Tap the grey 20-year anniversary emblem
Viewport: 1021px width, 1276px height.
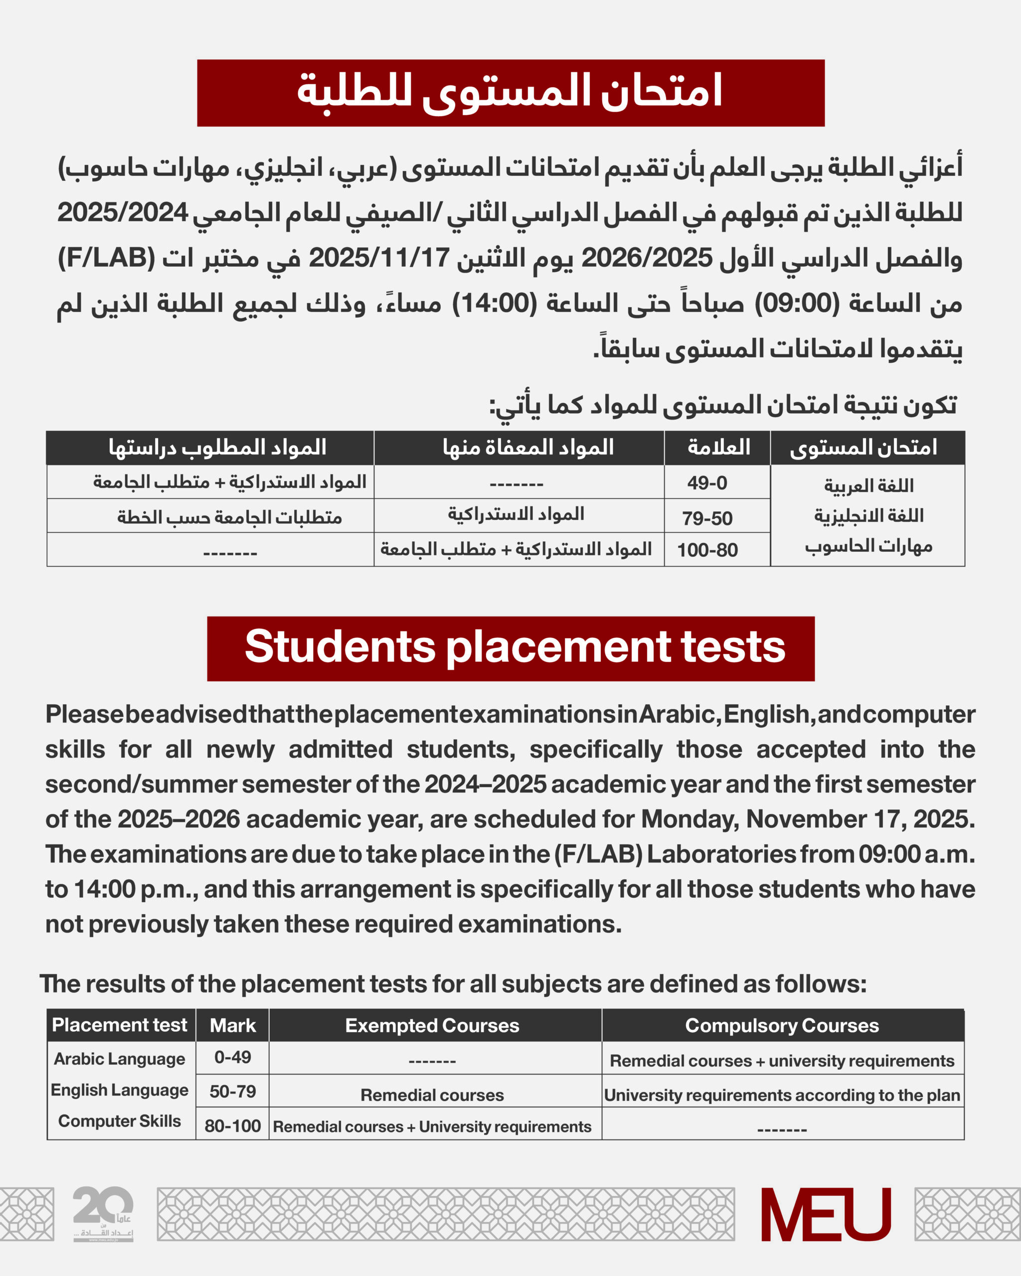click(x=103, y=1213)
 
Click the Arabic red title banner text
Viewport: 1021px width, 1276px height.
click(x=510, y=92)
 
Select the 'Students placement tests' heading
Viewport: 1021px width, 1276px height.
click(x=515, y=647)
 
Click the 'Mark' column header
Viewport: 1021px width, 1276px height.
click(x=233, y=1026)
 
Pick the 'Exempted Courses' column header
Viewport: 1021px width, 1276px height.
click(x=432, y=1026)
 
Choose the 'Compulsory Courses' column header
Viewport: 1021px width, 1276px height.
click(x=782, y=1026)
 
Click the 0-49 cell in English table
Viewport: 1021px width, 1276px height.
click(x=233, y=1057)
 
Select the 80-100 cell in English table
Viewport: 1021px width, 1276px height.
click(x=233, y=1125)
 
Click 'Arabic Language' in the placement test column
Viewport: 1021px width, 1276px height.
click(x=120, y=1059)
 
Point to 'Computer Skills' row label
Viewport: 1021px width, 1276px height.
click(x=120, y=1121)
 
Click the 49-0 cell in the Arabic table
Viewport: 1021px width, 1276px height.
click(x=707, y=483)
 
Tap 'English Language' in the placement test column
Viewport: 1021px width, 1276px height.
click(x=120, y=1090)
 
